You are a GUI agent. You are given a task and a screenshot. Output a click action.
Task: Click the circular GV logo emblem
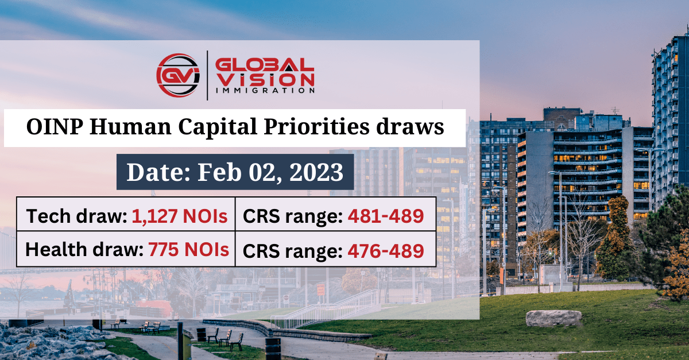point(178,75)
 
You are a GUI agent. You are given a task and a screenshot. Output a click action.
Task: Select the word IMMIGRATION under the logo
point(265,90)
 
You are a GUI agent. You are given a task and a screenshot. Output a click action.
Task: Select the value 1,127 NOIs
point(179,216)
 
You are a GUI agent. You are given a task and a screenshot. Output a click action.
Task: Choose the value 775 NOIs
point(189,250)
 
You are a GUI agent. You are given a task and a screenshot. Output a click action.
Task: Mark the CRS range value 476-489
point(386,251)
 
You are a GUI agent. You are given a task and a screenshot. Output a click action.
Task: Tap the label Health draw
point(84,250)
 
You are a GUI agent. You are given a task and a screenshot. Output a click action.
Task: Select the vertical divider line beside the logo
point(207,75)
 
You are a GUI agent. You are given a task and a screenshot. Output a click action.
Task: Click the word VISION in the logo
point(265,78)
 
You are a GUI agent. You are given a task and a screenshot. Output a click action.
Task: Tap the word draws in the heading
point(415,127)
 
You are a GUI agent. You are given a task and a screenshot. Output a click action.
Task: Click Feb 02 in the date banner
point(237,172)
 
